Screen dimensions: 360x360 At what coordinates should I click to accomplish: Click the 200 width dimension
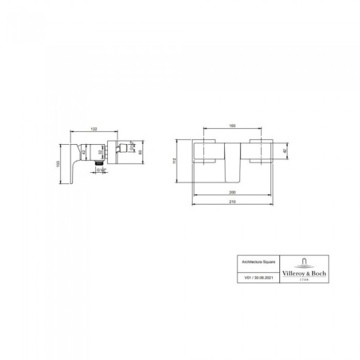coord(232,194)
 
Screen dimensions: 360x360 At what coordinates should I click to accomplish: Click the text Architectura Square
coord(248,261)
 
